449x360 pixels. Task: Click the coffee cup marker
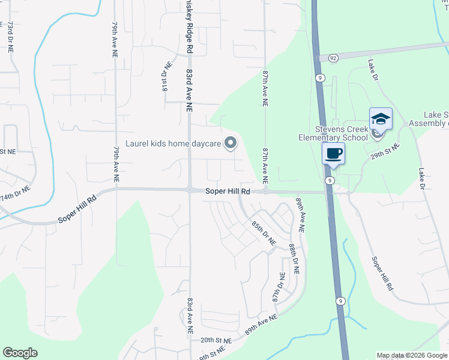point(334,154)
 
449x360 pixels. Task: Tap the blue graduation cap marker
point(381,119)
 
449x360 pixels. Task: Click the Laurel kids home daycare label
point(173,144)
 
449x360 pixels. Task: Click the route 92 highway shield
point(333,58)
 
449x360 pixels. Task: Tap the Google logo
point(20,353)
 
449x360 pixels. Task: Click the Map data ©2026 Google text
point(412,355)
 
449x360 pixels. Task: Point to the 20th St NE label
point(215,340)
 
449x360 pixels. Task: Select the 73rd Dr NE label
point(10,37)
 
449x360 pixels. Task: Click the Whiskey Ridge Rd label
point(188,25)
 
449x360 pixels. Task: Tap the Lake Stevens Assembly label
point(427,119)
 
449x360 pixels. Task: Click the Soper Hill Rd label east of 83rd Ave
point(228,191)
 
